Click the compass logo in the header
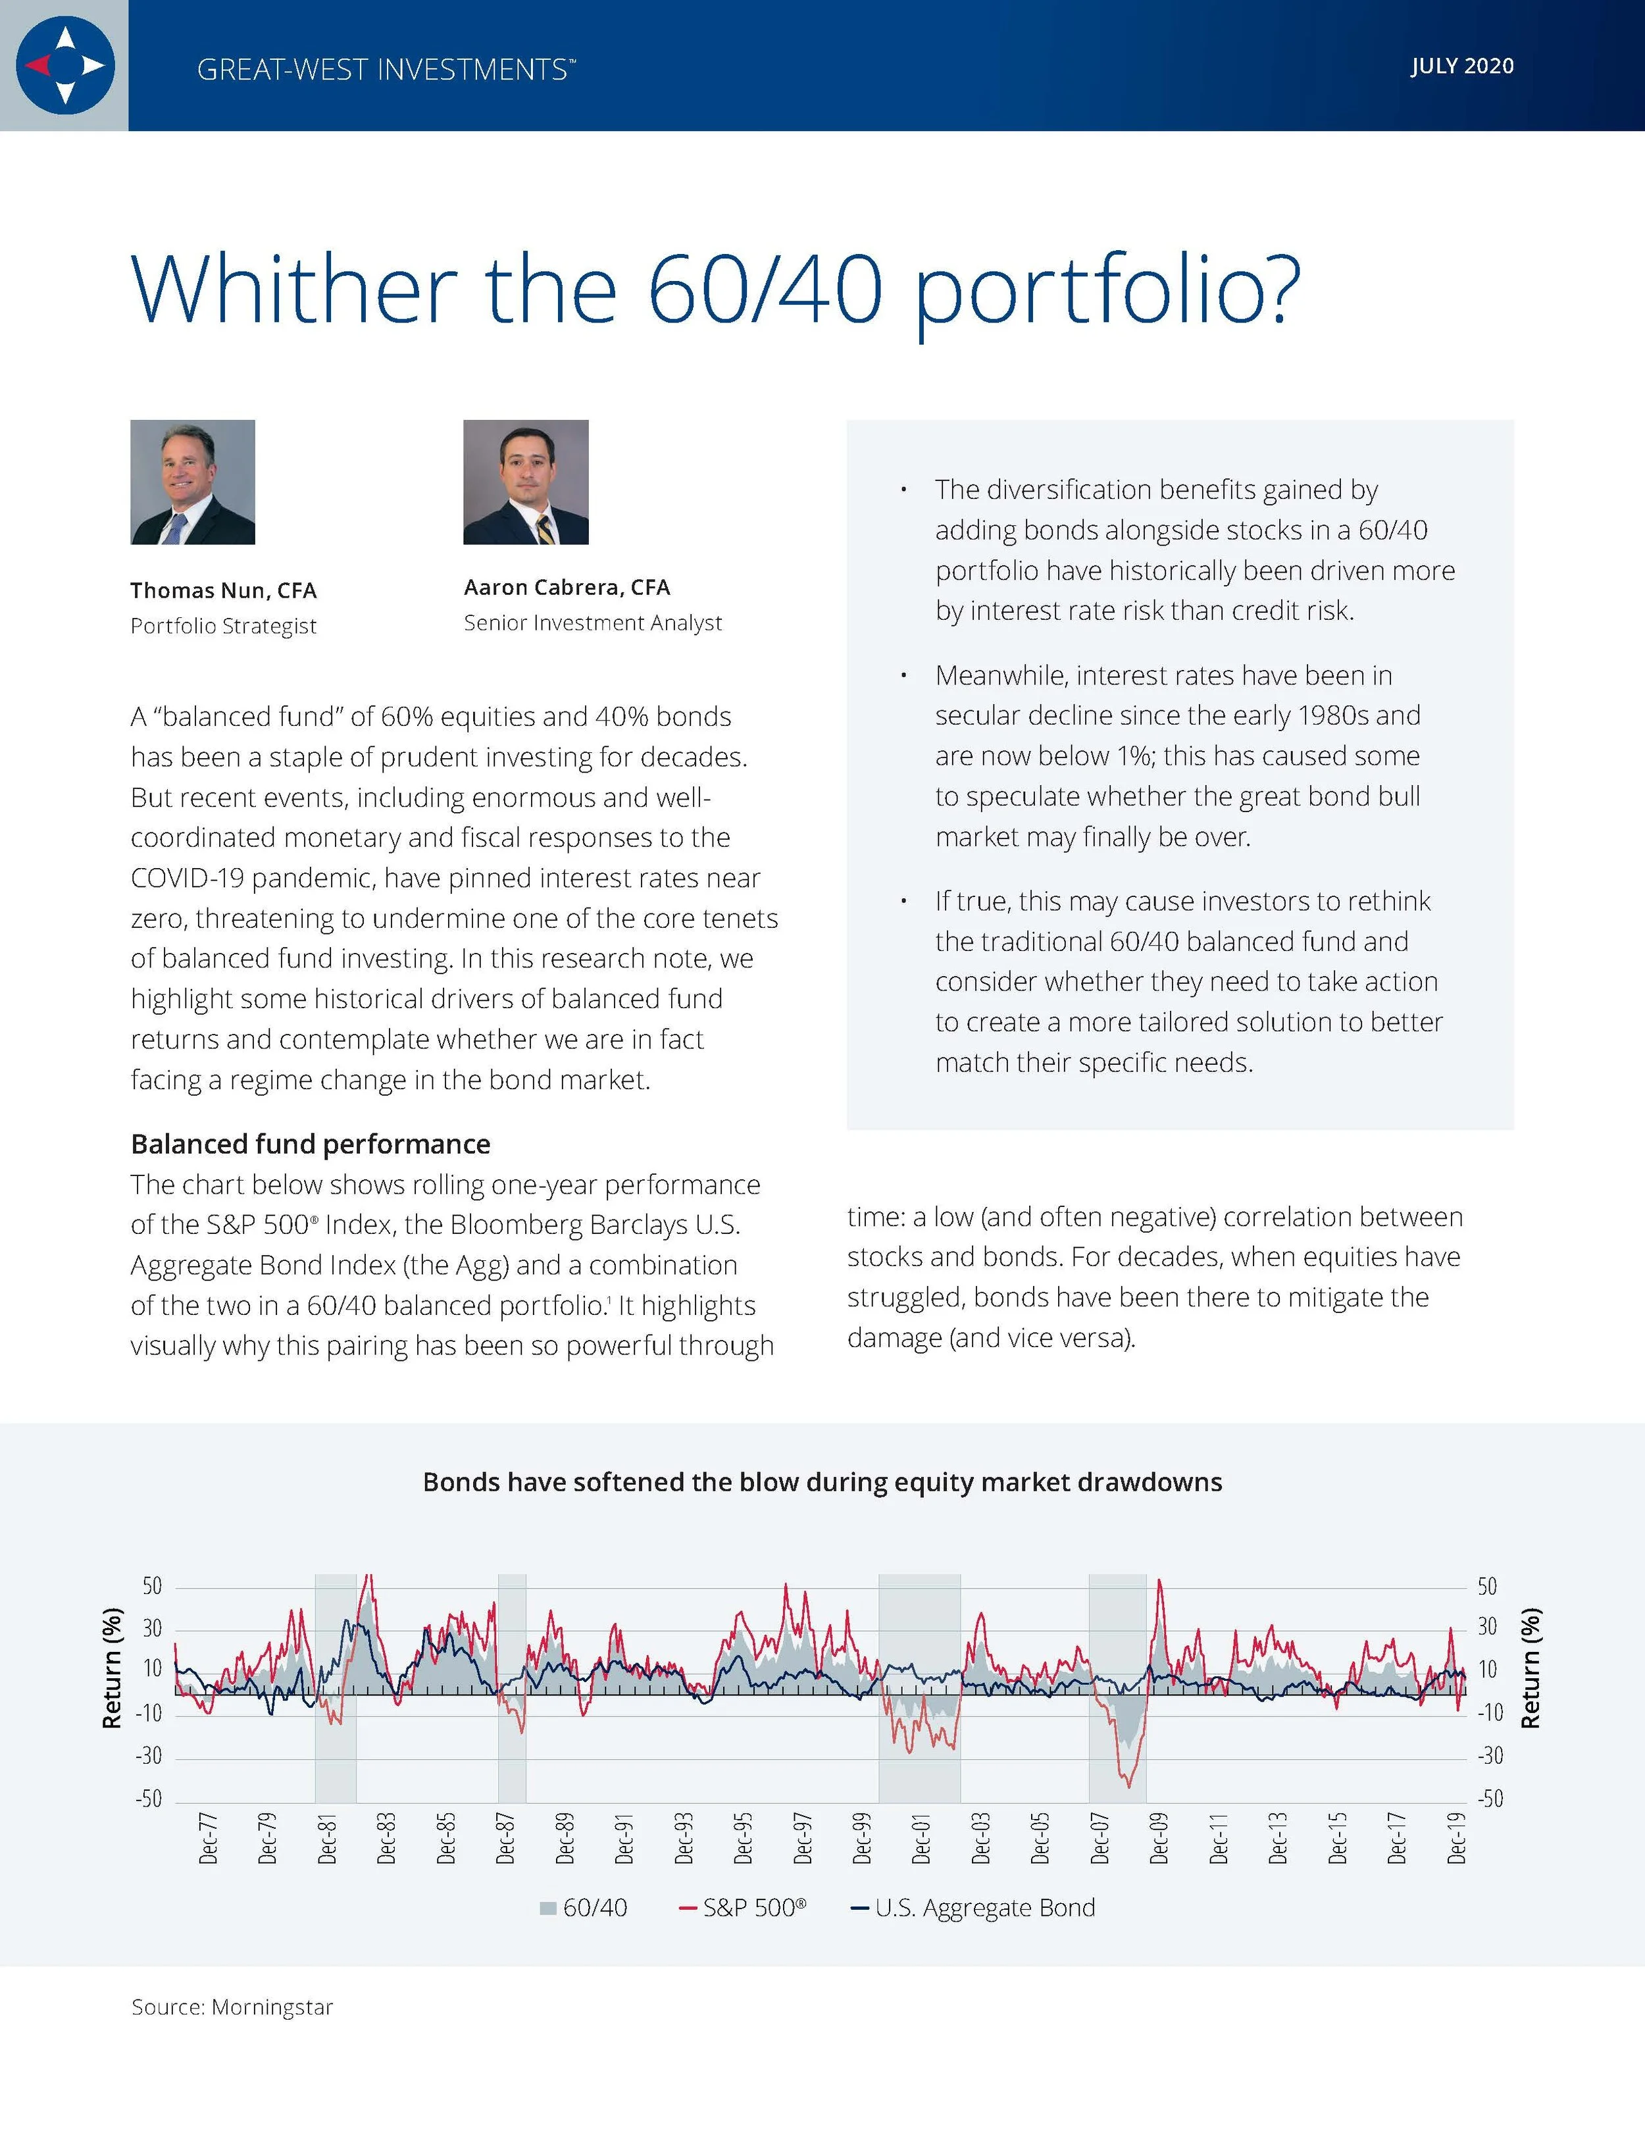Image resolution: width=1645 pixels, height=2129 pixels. point(65,65)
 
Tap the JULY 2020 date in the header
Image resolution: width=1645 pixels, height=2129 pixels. point(1462,66)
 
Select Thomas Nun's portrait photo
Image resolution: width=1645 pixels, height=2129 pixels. point(193,482)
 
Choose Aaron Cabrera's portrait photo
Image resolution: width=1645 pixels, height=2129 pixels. point(526,482)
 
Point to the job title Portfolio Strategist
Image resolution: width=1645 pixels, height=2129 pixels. point(223,626)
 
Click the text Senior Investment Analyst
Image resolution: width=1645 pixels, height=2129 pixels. point(592,623)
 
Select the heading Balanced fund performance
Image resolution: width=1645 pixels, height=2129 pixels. point(311,1143)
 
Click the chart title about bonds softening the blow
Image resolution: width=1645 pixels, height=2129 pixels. point(822,1481)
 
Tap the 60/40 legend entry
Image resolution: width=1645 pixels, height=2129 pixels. point(584,1908)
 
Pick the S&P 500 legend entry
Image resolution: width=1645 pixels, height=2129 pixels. point(743,1908)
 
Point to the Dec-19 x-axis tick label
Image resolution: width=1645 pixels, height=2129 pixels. point(1457,1839)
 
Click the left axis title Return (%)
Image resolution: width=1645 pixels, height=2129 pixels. point(113,1668)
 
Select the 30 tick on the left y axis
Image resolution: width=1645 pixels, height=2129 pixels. point(152,1629)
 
